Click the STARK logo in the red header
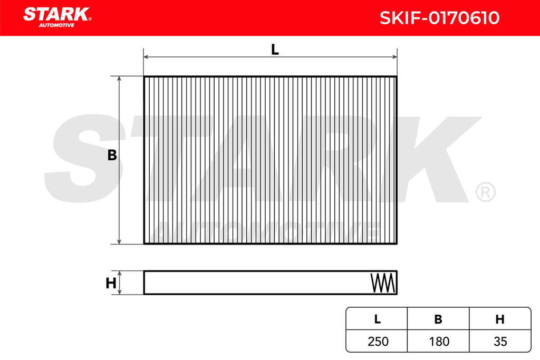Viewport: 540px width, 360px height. coord(57,17)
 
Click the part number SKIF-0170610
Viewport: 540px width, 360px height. coord(439,18)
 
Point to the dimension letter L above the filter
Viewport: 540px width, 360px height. coord(274,50)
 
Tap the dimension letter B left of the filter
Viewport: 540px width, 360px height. coord(112,155)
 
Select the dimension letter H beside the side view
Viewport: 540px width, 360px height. coord(111,283)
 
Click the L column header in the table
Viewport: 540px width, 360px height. coord(378,319)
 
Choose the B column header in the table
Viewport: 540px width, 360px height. coord(438,319)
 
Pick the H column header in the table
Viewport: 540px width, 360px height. coord(500,319)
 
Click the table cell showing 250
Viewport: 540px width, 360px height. coord(378,342)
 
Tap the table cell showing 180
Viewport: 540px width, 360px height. coord(439,342)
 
